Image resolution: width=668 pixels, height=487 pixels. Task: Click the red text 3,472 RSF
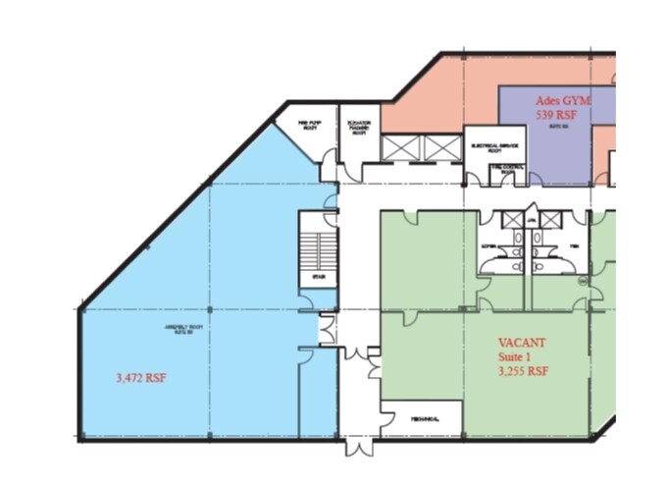pyautogui.click(x=140, y=376)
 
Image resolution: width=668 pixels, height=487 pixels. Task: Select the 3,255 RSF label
pyautogui.click(x=524, y=372)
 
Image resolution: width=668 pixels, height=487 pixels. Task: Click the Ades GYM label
pyautogui.click(x=564, y=100)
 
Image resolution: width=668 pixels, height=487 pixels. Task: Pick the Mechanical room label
pyautogui.click(x=423, y=419)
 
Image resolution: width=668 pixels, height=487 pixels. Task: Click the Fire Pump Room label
pyautogui.click(x=310, y=125)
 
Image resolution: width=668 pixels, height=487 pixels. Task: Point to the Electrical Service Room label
pyautogui.click(x=493, y=148)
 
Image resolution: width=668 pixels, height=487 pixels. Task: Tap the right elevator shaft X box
pyautogui.click(x=441, y=147)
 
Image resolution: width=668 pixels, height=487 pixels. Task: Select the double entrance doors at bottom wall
pyautogui.click(x=358, y=447)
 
